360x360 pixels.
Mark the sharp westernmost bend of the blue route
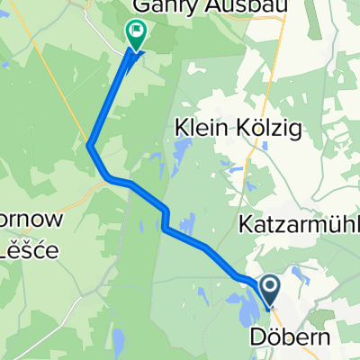[90, 145]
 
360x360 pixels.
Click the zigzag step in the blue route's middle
[166, 219]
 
